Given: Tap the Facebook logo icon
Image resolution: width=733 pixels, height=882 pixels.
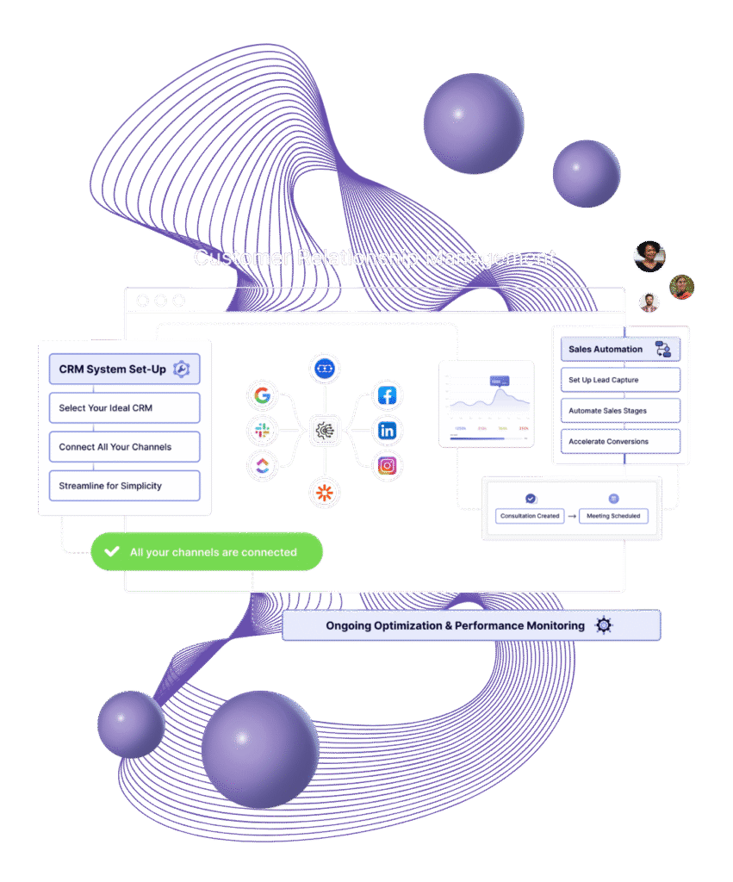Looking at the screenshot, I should click(x=388, y=396).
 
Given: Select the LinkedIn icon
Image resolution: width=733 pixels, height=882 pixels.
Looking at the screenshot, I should click(x=388, y=430).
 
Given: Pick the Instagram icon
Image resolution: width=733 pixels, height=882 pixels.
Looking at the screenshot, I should click(x=388, y=466).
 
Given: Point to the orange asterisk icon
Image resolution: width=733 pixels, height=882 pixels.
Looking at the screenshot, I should click(x=325, y=493).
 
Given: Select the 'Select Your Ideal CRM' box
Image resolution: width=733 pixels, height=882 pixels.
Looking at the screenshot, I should click(x=124, y=408).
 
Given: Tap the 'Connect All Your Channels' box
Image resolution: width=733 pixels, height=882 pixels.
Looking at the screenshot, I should click(x=124, y=447).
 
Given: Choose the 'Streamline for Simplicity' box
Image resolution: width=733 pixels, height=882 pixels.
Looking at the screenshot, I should click(x=124, y=486).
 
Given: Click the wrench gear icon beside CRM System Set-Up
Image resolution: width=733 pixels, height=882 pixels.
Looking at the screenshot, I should click(x=181, y=369).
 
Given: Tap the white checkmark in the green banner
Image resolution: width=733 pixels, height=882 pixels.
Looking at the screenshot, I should click(x=111, y=552).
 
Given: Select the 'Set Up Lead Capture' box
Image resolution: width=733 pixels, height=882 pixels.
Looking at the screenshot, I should click(x=620, y=380).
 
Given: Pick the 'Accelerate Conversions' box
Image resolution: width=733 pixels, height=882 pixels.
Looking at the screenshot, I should click(x=620, y=442).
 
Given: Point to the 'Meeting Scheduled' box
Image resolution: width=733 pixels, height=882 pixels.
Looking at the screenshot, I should click(x=613, y=516).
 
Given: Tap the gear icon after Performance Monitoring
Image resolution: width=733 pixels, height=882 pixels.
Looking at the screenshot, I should click(x=604, y=625).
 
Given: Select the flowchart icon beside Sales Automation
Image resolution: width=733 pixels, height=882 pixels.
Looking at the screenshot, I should click(x=662, y=349).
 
